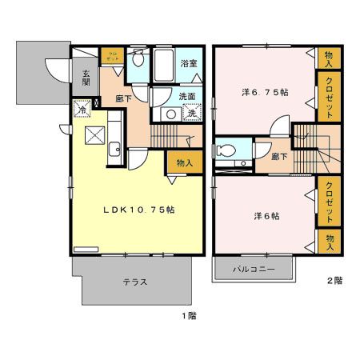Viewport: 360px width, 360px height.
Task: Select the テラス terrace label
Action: (134, 282)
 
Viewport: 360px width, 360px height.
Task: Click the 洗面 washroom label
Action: (187, 97)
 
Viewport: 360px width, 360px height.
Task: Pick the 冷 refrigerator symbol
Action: (82, 110)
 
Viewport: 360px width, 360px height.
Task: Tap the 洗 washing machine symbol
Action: (192, 114)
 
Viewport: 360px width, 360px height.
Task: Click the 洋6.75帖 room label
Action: (265, 93)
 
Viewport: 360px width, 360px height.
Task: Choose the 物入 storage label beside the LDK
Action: (184, 162)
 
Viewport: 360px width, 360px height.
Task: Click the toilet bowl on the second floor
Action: (227, 150)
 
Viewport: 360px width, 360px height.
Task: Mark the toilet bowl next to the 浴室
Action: (138, 59)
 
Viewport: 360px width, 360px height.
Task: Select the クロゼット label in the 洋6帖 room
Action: (328, 201)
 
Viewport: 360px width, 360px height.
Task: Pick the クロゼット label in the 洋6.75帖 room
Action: (328, 96)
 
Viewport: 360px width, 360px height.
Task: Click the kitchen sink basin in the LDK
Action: (114, 147)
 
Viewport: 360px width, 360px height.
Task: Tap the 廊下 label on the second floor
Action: (279, 157)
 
